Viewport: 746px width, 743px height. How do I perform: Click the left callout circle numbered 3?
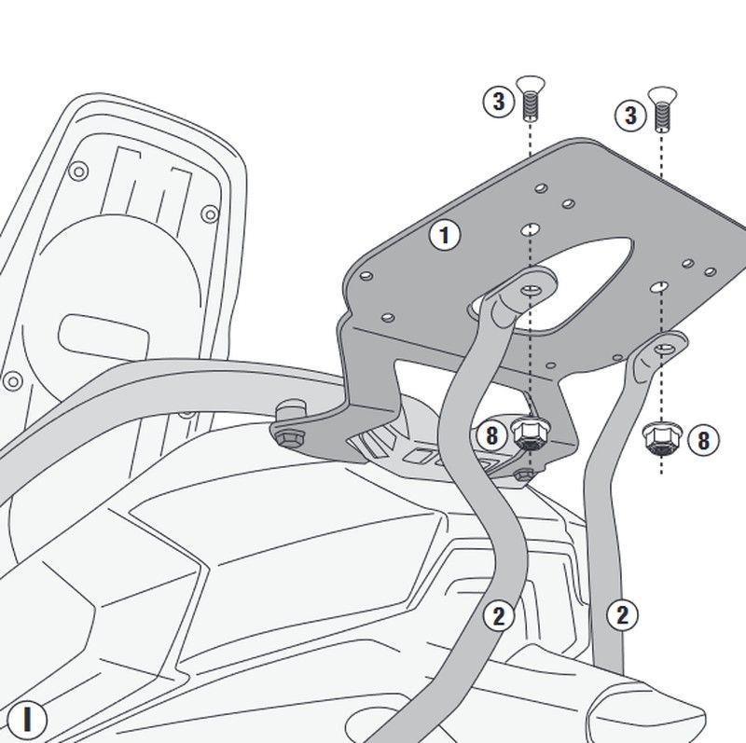point(499,101)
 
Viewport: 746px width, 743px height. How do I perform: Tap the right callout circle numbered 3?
point(631,116)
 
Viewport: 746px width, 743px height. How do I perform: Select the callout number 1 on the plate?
point(444,235)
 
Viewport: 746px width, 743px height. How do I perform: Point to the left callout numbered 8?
point(491,433)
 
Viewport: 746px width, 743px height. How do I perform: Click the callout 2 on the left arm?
point(499,615)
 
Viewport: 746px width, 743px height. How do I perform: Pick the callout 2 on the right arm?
point(622,614)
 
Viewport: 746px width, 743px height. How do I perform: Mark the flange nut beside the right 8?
point(661,437)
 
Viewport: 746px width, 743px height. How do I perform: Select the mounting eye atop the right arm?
point(663,349)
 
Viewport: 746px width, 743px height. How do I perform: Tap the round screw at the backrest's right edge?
point(211,214)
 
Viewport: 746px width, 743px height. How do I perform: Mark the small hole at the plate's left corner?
point(366,277)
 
